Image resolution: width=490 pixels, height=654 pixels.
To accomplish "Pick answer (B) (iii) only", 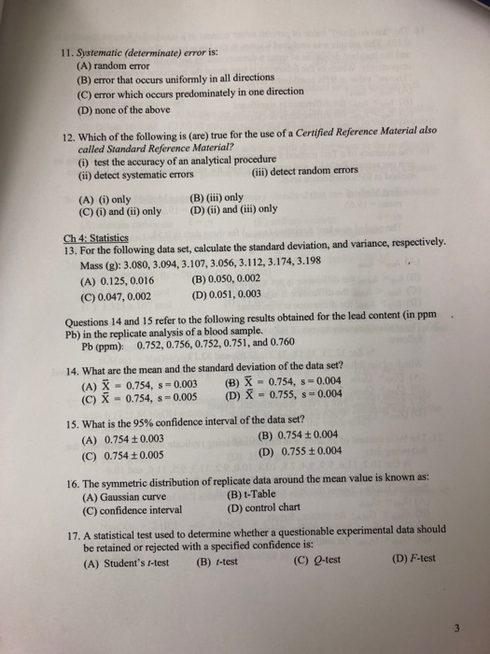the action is (217, 198).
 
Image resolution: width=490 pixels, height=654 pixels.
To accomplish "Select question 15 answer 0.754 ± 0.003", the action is (124, 442).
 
